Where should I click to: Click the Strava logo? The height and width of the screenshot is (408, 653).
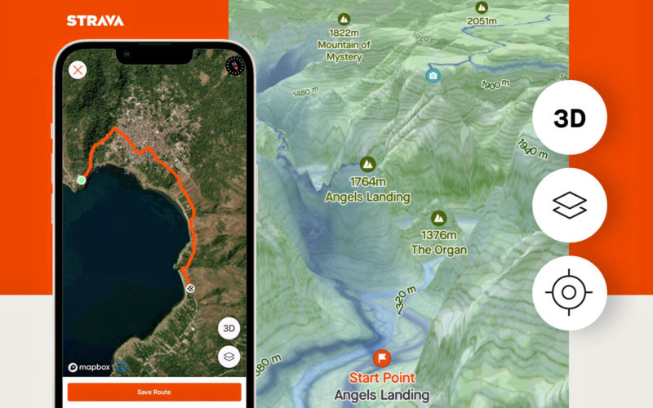(96, 20)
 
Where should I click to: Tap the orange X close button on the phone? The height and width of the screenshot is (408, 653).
(78, 69)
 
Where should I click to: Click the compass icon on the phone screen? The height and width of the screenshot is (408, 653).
(234, 65)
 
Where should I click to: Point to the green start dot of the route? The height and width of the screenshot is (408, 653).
(82, 180)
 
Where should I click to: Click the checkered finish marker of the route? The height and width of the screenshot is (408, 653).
(190, 288)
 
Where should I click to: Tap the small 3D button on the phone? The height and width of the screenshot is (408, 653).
(229, 329)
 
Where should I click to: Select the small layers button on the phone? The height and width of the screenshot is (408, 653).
(229, 357)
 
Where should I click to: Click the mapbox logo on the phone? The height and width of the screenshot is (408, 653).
(90, 367)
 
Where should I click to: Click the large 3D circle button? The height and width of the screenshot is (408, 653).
(570, 118)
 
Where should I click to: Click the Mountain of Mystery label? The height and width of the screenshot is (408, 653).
(344, 51)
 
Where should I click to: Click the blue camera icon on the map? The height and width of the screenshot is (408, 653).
(433, 76)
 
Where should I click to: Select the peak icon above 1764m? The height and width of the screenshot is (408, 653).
(367, 164)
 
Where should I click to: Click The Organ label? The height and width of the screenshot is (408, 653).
(439, 250)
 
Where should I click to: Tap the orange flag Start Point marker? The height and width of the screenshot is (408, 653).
(382, 357)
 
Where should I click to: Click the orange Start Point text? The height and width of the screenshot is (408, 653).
(382, 379)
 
